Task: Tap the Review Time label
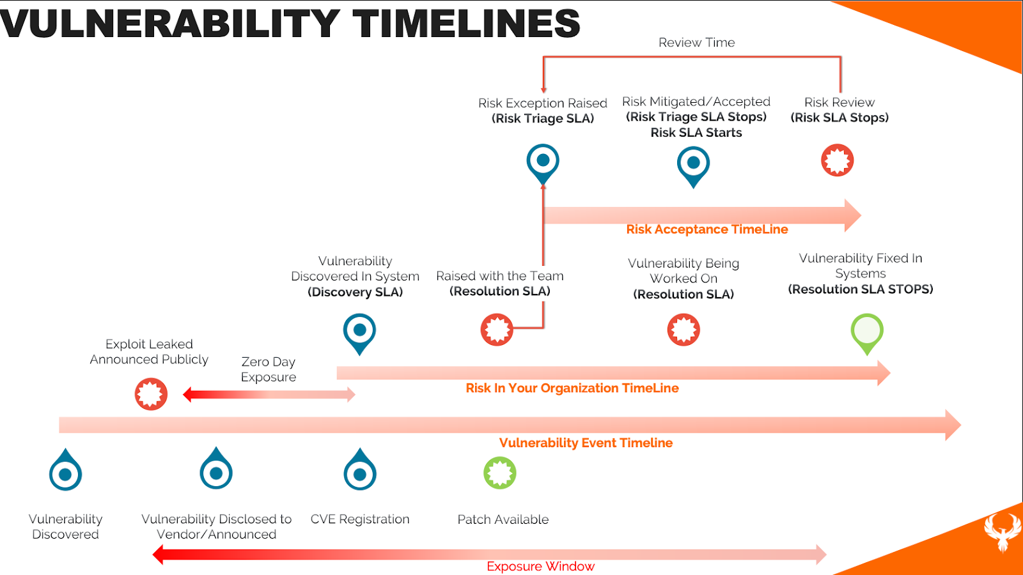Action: point(696,42)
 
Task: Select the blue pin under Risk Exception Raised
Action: point(543,164)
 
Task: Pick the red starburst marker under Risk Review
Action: point(837,160)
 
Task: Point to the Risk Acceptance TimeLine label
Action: point(707,229)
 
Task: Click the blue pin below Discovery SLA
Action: point(359,333)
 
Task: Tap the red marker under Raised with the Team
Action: point(497,330)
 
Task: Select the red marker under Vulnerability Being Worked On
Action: point(683,330)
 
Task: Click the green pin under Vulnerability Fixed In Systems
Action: point(867,333)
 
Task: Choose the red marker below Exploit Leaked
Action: point(151,394)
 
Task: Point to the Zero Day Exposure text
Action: point(269,369)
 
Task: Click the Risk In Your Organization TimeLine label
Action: point(572,388)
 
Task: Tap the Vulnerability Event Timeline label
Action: point(586,443)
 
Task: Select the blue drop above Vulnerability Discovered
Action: point(65,470)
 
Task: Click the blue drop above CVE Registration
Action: point(360,470)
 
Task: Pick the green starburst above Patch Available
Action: point(499,473)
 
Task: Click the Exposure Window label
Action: point(540,566)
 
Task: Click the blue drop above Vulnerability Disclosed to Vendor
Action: point(216,469)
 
